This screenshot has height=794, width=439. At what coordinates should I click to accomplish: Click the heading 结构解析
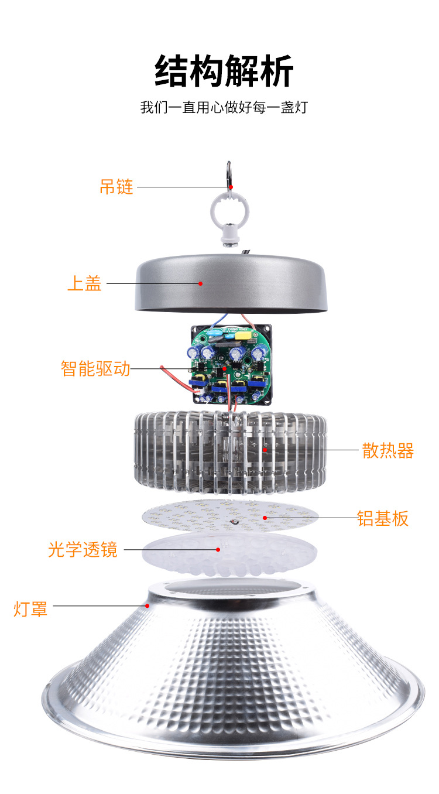[224, 71]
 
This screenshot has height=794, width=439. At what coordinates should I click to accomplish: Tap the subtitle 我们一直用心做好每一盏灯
[224, 108]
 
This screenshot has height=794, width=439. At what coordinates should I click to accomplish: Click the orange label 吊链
[116, 187]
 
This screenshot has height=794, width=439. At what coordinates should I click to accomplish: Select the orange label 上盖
[85, 283]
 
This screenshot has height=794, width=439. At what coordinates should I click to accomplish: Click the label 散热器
[388, 450]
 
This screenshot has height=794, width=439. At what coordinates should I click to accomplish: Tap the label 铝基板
[383, 518]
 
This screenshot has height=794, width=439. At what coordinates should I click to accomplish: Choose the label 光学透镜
[83, 549]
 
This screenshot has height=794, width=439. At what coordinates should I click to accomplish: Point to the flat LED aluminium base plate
[231, 515]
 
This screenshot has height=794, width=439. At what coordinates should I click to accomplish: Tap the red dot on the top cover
[201, 283]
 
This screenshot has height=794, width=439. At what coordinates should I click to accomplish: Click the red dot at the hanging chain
[231, 187]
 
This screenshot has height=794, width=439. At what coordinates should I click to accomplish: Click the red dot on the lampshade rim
[148, 605]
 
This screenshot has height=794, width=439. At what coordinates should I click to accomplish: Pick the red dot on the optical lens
[218, 549]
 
